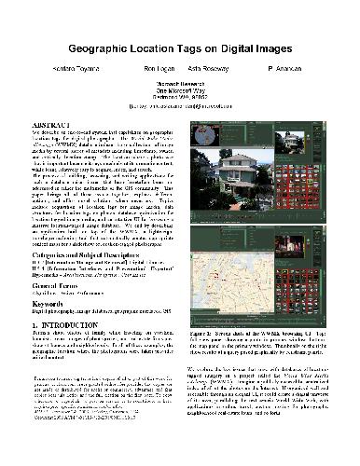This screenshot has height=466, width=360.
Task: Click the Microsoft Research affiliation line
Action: click(181, 83)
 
